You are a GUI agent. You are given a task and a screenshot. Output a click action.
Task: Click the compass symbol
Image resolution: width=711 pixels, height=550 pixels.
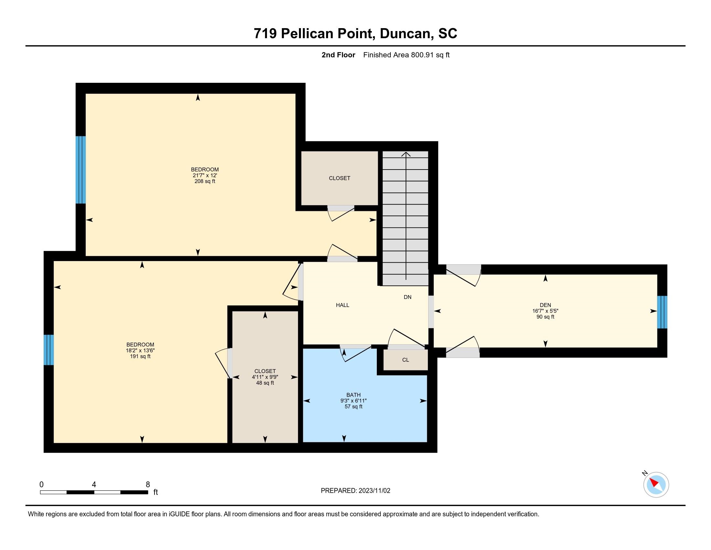point(656,485)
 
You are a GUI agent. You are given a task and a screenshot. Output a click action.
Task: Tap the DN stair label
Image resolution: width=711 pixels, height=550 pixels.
point(407,297)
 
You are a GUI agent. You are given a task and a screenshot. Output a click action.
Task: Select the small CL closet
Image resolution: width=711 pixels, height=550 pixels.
point(405,360)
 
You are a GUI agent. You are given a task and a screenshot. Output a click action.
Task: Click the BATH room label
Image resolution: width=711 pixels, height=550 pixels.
point(353,395)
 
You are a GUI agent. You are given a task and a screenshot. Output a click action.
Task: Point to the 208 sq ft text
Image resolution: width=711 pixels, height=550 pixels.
point(205,181)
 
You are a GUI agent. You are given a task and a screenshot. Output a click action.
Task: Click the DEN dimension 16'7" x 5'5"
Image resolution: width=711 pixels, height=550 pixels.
point(545,311)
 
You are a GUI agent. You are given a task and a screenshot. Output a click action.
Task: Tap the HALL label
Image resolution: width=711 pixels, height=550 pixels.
point(343,305)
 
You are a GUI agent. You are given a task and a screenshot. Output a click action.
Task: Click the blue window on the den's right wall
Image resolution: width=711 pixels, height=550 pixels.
point(662,312)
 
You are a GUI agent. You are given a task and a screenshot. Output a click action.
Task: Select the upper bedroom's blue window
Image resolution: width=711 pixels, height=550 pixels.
point(80,170)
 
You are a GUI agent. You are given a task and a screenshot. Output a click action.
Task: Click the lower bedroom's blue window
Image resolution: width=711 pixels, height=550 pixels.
point(48,350)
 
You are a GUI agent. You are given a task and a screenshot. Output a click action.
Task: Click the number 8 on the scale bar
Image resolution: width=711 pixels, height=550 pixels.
point(148,485)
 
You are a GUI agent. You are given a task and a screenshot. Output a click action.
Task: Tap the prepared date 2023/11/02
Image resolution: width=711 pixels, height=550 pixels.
point(374,491)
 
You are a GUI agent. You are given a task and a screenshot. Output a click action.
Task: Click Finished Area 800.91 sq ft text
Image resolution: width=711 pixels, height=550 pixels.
point(406,55)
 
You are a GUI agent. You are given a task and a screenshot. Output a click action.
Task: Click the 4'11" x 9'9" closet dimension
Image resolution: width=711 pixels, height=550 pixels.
point(265,377)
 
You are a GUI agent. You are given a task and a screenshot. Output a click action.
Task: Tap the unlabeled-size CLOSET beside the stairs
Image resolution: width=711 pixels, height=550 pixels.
point(339,178)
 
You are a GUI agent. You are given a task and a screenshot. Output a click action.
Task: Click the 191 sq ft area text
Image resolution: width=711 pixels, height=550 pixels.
point(140,356)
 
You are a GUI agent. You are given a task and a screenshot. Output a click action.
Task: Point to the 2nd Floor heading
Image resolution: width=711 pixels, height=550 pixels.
point(338,55)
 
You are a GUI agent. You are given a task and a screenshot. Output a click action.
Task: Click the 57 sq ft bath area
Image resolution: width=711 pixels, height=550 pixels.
point(353,406)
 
